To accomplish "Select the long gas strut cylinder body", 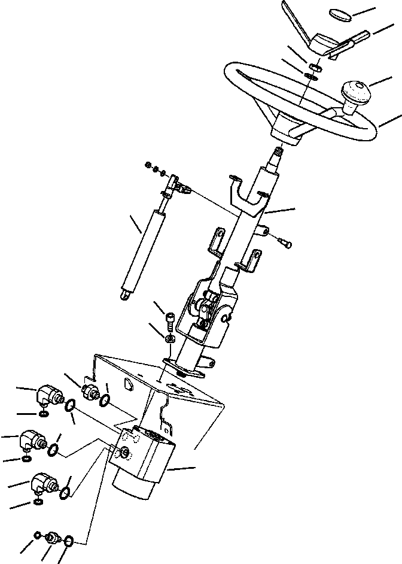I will [144, 245].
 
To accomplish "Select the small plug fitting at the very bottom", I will [53, 538].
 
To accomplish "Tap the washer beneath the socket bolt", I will [169, 339].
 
